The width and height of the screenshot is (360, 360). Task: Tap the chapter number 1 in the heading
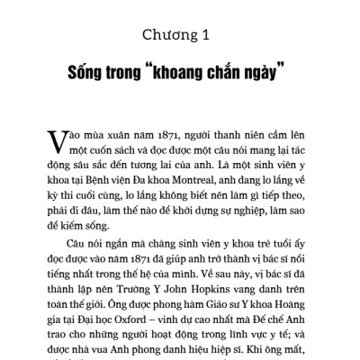[205, 35]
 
